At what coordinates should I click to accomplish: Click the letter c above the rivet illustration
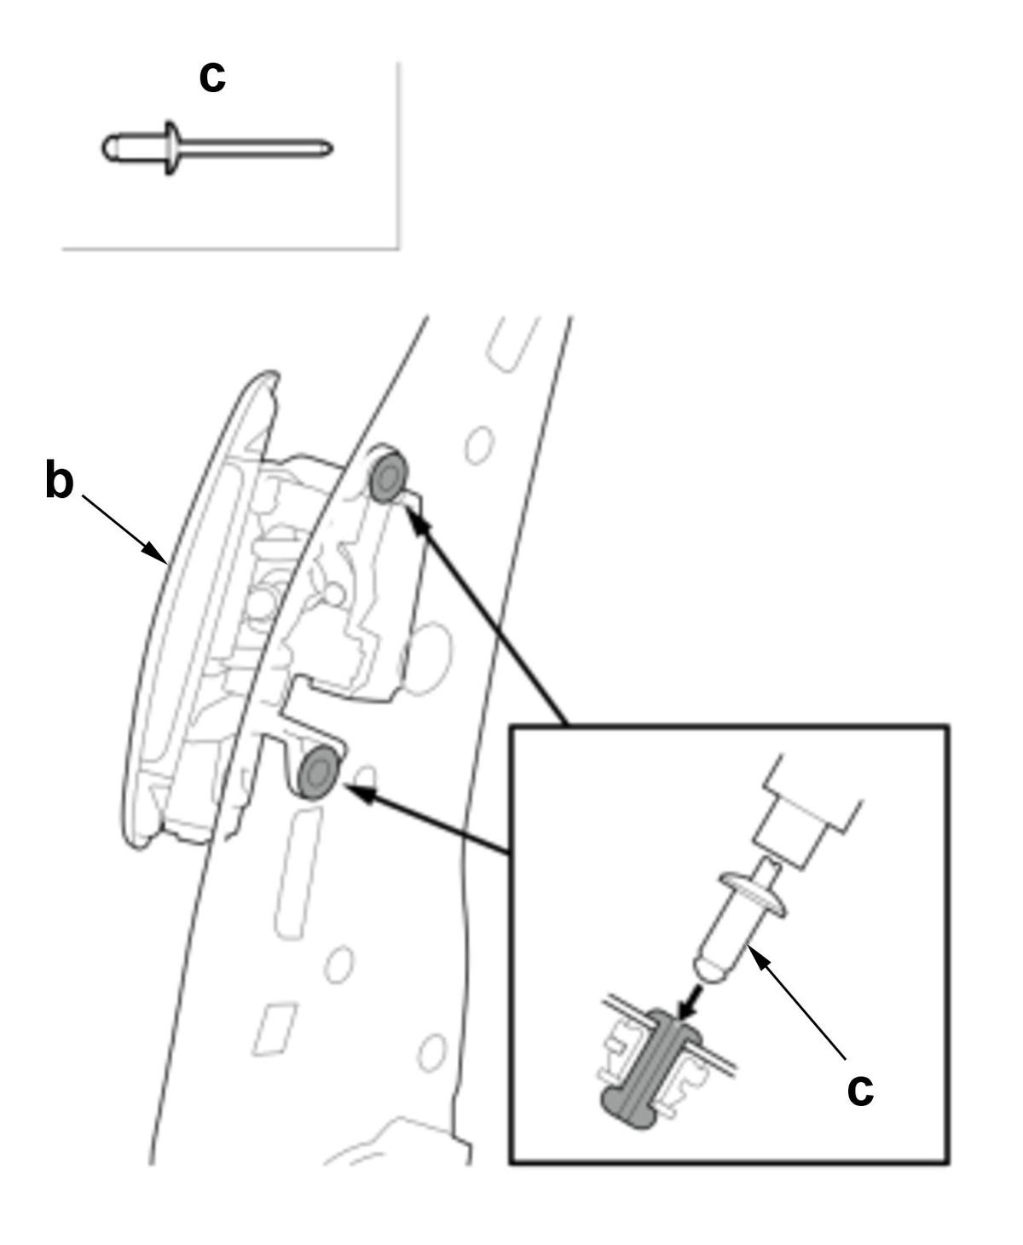click(x=212, y=77)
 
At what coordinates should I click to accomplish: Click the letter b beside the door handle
click(x=59, y=480)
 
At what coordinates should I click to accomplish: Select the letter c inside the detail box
click(x=860, y=1089)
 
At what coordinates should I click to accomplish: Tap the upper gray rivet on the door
click(x=389, y=474)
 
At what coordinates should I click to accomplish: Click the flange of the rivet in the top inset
click(x=171, y=148)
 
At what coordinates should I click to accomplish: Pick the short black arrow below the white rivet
click(x=692, y=1000)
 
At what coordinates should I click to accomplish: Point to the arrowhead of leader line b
click(x=159, y=555)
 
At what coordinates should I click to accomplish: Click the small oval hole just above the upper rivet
click(x=479, y=443)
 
